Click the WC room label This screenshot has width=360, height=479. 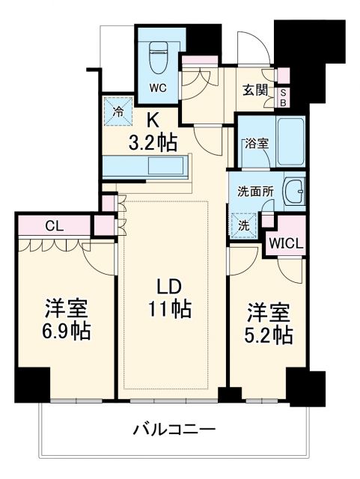158,87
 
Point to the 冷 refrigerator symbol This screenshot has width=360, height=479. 118,112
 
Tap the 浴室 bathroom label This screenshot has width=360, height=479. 257,143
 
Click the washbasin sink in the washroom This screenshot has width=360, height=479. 294,194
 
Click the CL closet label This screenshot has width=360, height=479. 54,224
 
